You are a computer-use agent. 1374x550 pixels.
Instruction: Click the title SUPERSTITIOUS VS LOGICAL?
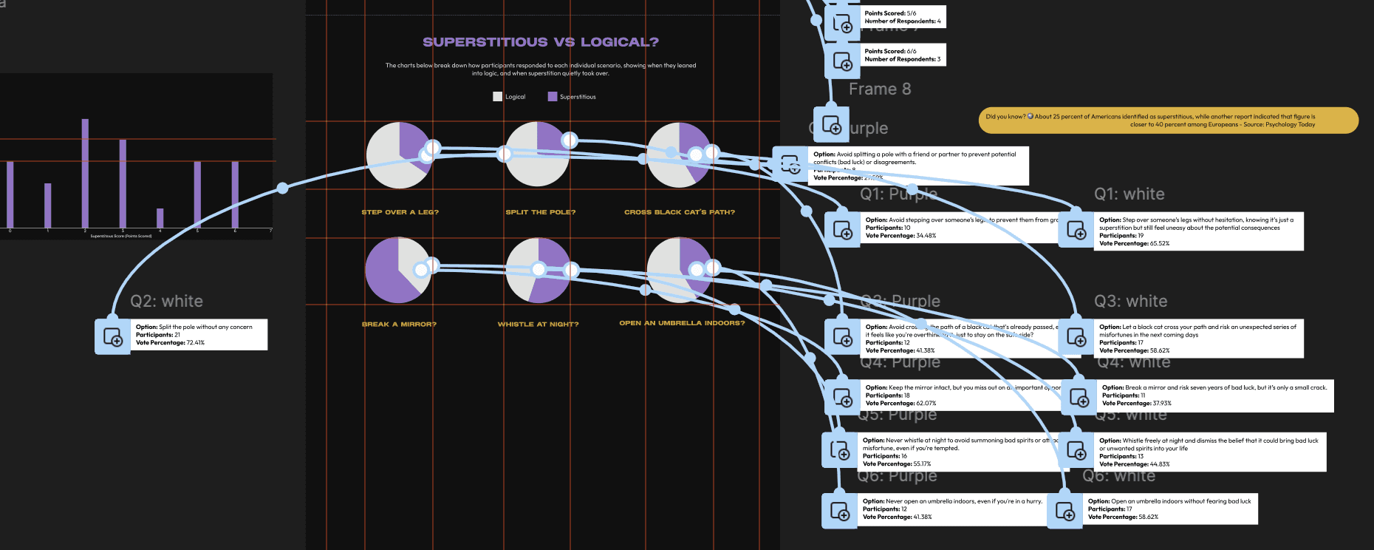click(x=541, y=42)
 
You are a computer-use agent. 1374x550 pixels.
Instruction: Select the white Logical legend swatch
click(x=497, y=97)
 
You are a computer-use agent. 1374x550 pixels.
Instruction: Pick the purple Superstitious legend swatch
click(x=553, y=97)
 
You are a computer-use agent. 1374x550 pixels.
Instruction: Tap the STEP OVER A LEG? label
click(x=400, y=212)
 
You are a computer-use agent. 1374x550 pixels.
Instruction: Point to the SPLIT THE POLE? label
click(x=540, y=212)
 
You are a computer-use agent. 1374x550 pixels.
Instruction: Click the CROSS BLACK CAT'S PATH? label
click(x=679, y=212)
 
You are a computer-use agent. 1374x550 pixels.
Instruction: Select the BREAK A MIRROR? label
click(x=399, y=325)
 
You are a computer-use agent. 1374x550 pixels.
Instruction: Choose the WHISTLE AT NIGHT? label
click(x=538, y=325)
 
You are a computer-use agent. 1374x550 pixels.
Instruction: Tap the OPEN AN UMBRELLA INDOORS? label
click(x=682, y=323)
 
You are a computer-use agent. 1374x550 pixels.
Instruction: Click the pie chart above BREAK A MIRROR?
click(x=397, y=270)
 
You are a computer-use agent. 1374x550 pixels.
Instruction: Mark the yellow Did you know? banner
click(x=1168, y=120)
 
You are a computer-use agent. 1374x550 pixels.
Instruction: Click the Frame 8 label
click(x=879, y=89)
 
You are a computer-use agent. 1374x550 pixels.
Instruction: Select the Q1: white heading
click(x=1129, y=194)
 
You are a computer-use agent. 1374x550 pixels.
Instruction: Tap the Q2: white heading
click(x=166, y=302)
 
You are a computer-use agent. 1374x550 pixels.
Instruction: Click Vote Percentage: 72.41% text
click(x=170, y=343)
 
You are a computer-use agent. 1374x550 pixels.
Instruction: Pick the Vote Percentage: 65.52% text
click(x=1134, y=244)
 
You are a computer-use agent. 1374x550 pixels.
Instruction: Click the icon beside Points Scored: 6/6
click(x=842, y=61)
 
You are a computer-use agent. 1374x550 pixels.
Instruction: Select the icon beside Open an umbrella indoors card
click(x=1065, y=511)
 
